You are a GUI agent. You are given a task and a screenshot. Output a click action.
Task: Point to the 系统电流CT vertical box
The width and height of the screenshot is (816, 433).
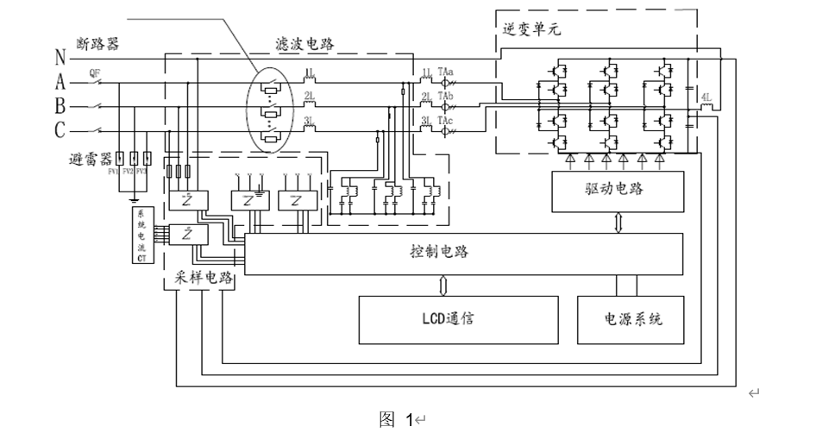(x=141, y=235)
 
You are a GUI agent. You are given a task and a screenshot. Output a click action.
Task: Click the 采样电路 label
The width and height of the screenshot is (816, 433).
(x=198, y=283)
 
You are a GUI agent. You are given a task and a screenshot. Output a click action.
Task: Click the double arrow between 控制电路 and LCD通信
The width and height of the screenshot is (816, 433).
(x=443, y=284)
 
